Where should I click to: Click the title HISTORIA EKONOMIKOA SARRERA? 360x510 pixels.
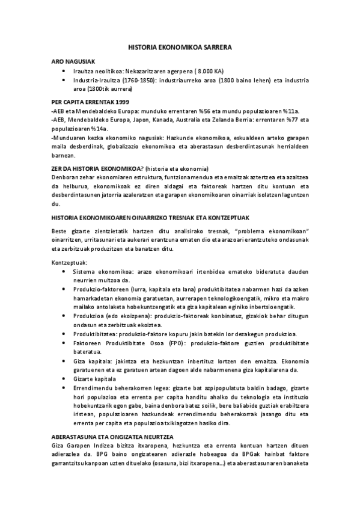180,46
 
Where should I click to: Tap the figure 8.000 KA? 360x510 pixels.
208,70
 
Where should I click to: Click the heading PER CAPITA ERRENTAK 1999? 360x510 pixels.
90,102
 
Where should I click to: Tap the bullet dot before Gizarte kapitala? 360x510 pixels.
64,379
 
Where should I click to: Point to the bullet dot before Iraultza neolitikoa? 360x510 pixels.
64,70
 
